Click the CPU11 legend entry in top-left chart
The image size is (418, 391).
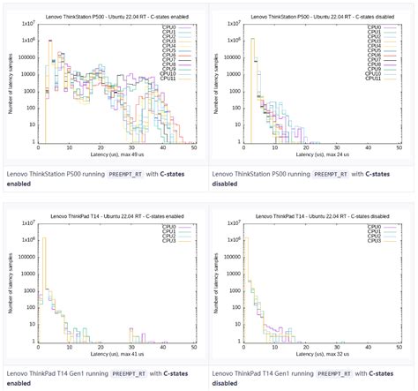tap(170, 78)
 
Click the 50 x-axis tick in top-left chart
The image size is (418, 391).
tap(194, 147)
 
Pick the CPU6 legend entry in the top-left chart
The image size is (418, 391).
tap(170, 55)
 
